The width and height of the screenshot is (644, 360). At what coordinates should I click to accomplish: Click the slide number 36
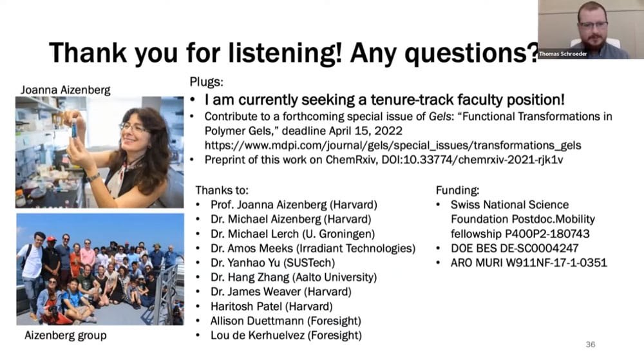point(590,345)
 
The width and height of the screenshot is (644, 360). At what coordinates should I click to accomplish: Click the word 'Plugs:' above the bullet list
point(206,82)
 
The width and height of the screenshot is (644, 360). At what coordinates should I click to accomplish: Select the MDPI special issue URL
point(393,146)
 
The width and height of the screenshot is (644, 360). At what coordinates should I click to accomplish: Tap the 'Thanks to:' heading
point(222,191)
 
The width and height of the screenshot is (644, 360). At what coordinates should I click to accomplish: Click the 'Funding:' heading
point(457,191)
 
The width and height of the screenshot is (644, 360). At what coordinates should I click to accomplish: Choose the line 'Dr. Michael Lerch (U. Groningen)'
point(292,234)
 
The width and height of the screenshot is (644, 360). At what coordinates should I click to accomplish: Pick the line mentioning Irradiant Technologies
point(313,249)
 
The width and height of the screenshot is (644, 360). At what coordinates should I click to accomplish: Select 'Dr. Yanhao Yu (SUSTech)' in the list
point(272,263)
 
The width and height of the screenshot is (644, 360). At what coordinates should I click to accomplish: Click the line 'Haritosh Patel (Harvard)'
point(272,307)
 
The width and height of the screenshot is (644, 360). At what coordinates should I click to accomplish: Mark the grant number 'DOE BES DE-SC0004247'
point(514,249)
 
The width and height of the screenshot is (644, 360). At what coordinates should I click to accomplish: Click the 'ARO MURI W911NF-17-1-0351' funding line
point(529,263)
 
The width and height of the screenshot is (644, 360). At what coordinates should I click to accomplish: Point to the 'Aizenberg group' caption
point(66,336)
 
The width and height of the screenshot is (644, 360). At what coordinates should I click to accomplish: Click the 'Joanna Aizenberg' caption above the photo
point(65,90)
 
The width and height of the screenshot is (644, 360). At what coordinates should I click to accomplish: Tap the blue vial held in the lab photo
point(74,129)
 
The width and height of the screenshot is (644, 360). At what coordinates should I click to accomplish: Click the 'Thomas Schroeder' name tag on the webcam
point(563,53)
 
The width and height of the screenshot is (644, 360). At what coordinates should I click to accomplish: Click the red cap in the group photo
point(52,238)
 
